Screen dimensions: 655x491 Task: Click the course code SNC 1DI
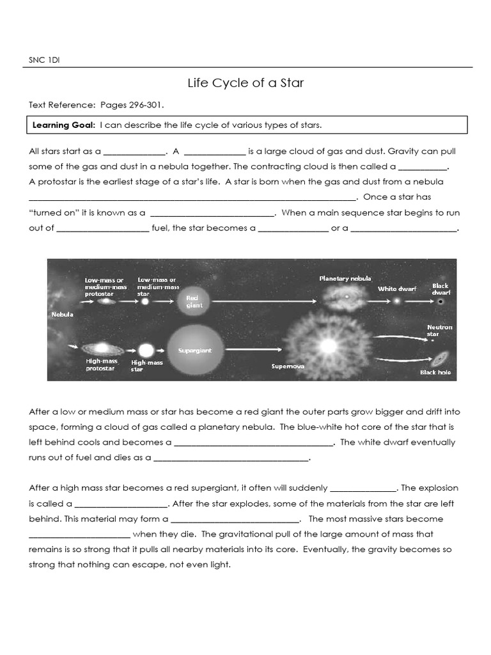44,61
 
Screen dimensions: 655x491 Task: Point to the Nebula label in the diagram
63,315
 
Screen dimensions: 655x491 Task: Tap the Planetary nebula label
345,278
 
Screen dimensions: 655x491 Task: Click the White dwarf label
396,289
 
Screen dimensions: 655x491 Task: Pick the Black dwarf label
440,289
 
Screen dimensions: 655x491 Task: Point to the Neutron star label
439,330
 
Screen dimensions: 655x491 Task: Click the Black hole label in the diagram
435,372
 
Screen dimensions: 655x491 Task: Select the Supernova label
288,367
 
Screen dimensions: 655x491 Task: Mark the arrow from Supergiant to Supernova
253,349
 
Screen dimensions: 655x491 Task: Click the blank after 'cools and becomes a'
253,443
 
